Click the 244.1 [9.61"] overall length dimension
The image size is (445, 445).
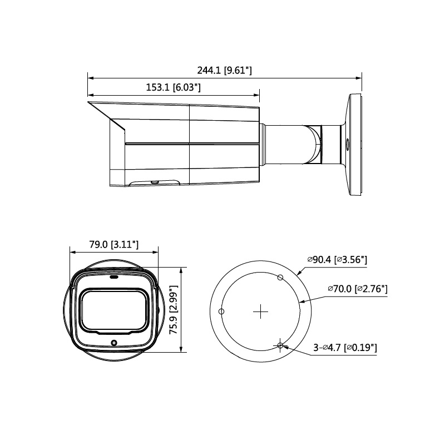point(224,71)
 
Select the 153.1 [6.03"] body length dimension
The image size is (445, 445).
point(173,87)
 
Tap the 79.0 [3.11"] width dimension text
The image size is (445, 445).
point(113,244)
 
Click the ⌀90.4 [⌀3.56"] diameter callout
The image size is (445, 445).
point(337,259)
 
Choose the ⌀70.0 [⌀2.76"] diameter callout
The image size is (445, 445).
point(357,289)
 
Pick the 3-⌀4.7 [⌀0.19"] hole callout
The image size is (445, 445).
point(345,348)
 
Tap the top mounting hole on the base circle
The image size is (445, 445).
point(280,278)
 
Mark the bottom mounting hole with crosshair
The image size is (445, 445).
point(280,346)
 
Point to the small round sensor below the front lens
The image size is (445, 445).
point(113,343)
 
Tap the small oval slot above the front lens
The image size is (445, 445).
point(113,276)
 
